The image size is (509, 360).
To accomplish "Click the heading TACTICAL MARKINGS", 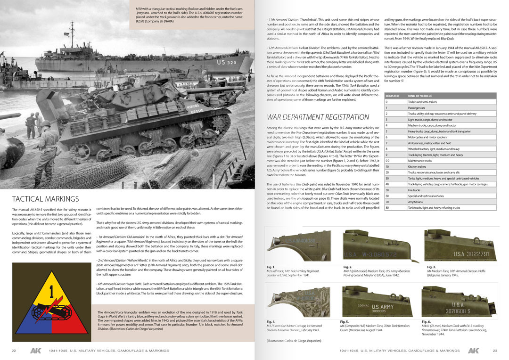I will coord(45,199).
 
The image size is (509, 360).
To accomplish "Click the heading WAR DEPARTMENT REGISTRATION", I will coord(318,117).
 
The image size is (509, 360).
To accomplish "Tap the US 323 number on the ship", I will coord(227,62).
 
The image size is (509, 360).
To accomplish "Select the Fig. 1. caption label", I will coord(271,267).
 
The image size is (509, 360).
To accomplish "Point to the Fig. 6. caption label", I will coord(426,321).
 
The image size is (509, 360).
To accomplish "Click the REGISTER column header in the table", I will coord(392,96).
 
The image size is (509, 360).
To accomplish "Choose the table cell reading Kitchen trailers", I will coord(418,166).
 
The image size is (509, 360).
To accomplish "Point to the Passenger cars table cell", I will coord(417,107).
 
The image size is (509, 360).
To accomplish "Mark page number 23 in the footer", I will coord(495,351).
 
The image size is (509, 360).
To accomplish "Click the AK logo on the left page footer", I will coord(35,351).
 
